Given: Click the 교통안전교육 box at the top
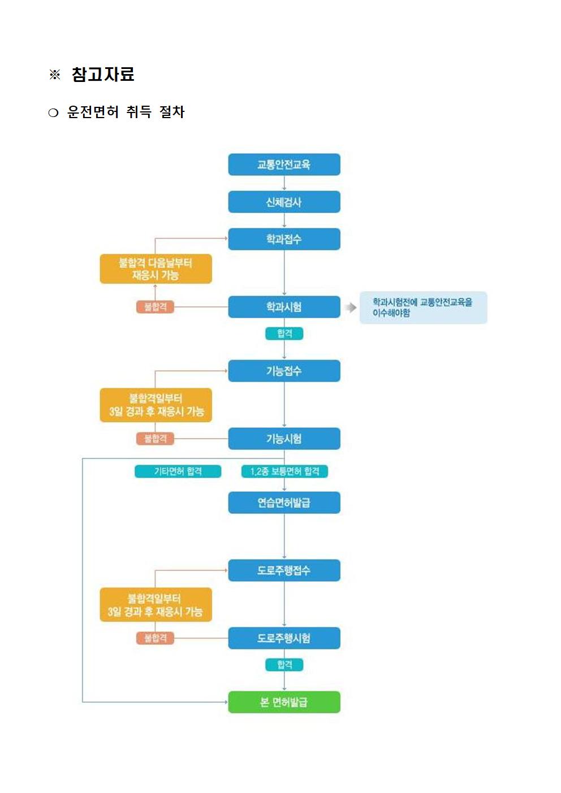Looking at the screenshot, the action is pos(284,164).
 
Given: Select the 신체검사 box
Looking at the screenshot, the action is pos(284,202).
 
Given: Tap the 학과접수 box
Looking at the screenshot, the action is pos(284,239).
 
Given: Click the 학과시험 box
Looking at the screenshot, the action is pos(284,306).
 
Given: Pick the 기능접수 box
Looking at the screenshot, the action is pos(284,371).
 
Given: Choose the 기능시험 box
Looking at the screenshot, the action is pos(284,439).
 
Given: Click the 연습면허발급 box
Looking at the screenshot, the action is pos(284,502).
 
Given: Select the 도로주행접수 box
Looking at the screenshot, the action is pos(284,570).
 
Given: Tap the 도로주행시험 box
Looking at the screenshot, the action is pos(284,638).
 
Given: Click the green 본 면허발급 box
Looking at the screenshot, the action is pos(284,702).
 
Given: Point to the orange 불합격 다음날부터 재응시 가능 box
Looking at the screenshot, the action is pos(156,268).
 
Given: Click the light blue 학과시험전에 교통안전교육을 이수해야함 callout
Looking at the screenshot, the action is pos(423,307).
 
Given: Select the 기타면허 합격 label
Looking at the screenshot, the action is pos(178,471).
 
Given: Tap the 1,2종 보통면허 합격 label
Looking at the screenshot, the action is pos(284,471).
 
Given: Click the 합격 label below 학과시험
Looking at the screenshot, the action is pos(284,333).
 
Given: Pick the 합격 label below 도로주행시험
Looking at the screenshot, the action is pos(284,665).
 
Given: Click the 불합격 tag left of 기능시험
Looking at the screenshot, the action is pos(155,439).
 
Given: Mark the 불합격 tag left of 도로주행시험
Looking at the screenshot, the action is pos(155,638).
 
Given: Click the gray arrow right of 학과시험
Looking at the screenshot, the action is pos(351,307).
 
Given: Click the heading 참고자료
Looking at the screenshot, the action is pos(103,75).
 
